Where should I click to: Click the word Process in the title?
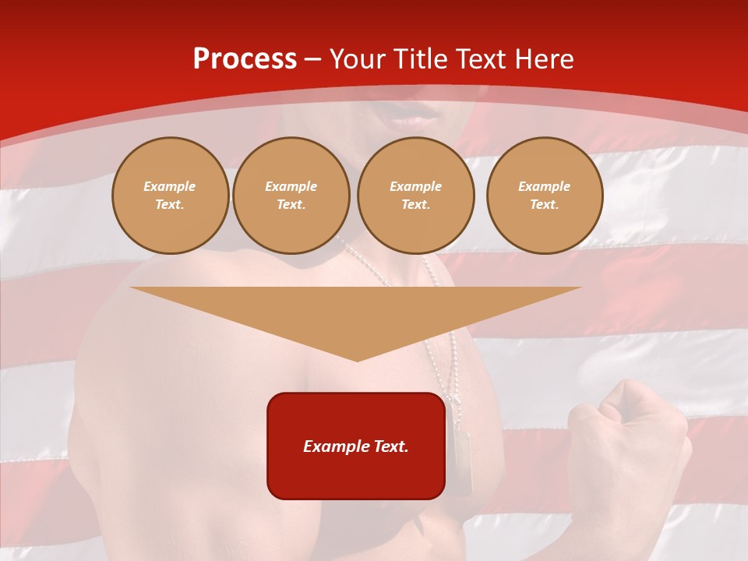coord(245,59)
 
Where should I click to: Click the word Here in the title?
coord(544,59)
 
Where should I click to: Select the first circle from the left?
coord(170,196)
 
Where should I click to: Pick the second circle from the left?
coord(291,196)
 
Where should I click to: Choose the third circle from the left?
coord(415,196)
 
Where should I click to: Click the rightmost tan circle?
coord(545,196)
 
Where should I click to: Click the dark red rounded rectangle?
coord(356,475)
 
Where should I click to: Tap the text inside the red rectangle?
coord(356,446)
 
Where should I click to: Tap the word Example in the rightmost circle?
coord(545,186)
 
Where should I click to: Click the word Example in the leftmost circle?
coord(170,186)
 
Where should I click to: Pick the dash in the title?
coord(312,59)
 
